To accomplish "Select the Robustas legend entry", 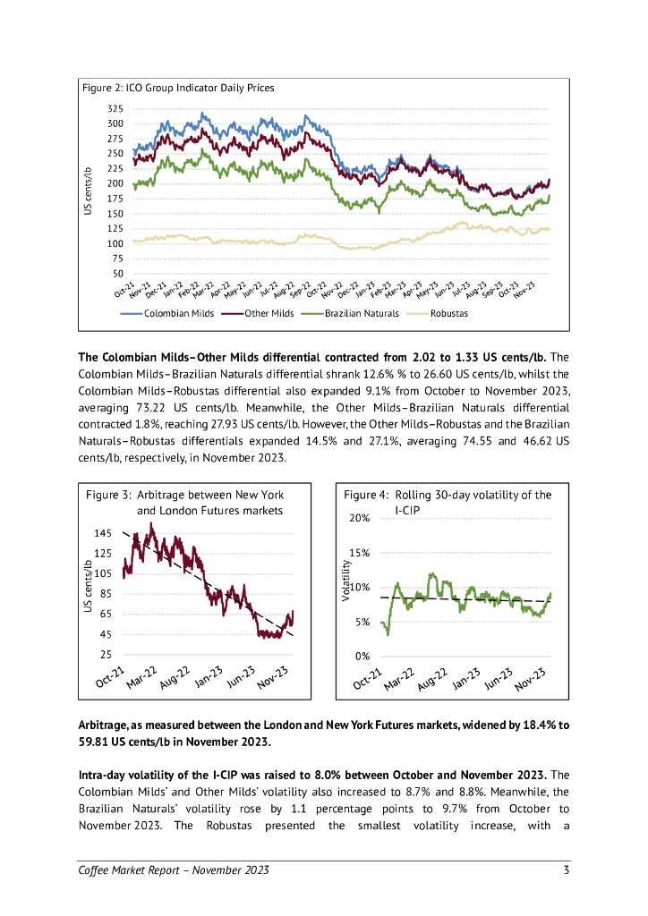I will pos(448,313).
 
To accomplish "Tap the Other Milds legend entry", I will pos(269,313).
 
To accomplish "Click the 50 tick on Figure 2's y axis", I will pos(118,273).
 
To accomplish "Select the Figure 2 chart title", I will pos(178,88).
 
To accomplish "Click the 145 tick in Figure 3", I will pos(103,533).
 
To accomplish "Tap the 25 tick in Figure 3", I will pos(106,655).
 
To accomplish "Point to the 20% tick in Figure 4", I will pos(359,519).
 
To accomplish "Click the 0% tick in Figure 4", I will pos(362,656).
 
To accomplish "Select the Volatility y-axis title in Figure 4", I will pos(346,579).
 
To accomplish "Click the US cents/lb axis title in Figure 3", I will pos(87,586).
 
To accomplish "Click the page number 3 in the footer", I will pos(566,870).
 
